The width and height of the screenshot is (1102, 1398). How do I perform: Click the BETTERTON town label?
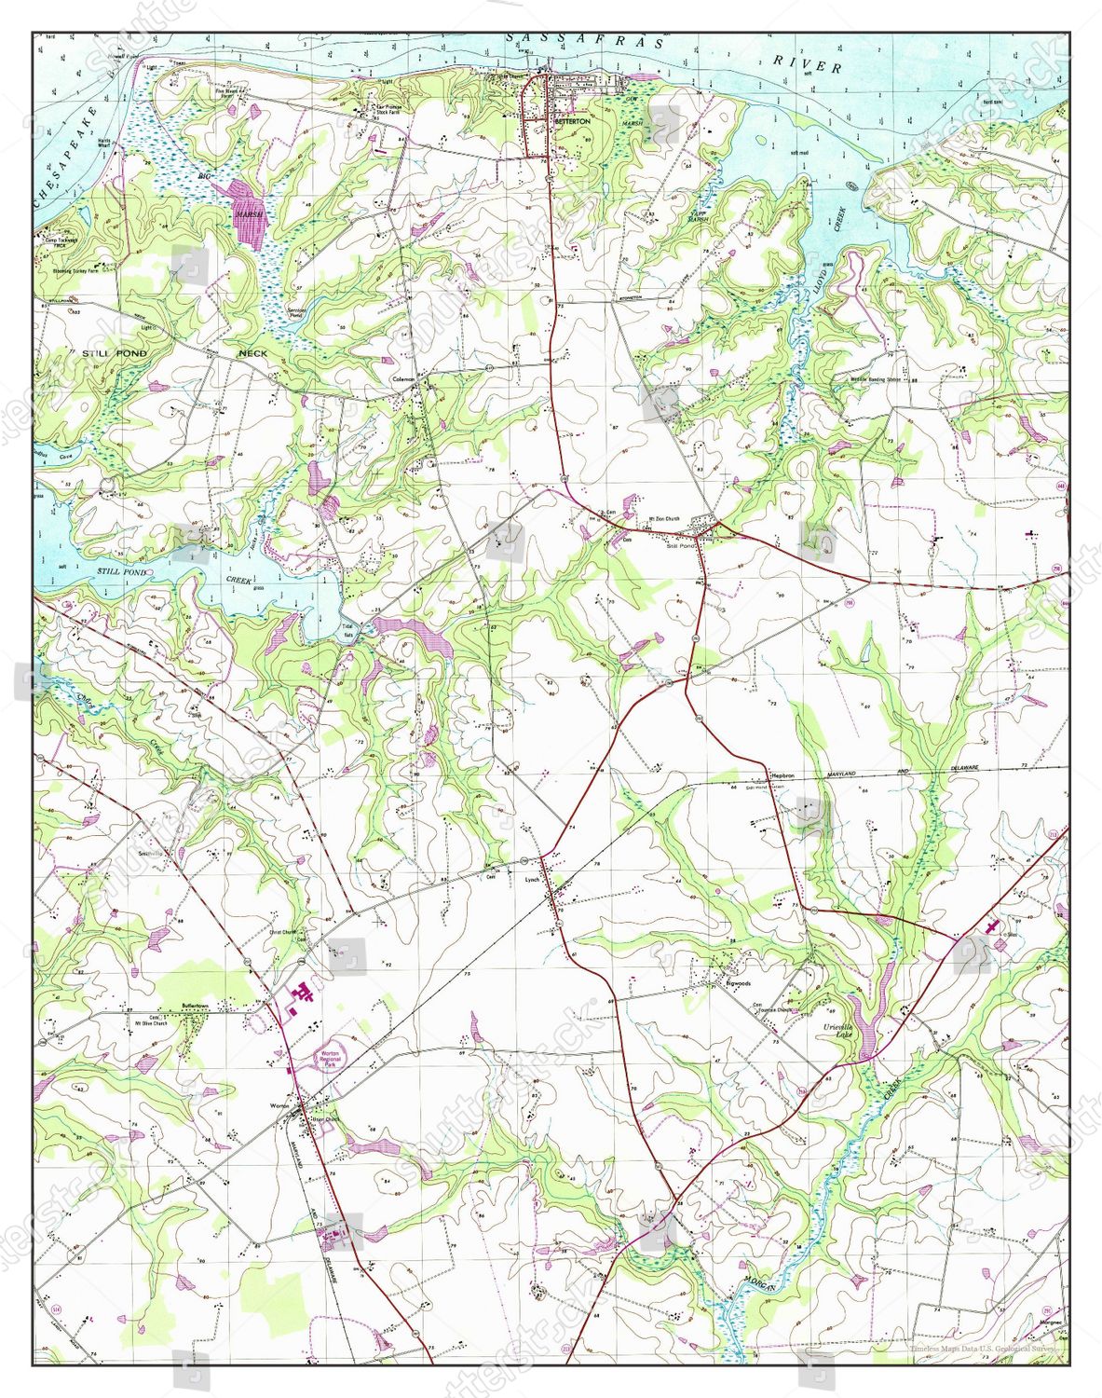point(572,122)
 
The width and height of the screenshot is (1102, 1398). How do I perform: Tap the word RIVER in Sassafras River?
point(808,62)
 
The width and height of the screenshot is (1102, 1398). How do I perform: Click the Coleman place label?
point(403,379)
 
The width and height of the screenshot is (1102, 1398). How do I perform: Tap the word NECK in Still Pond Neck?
point(252,353)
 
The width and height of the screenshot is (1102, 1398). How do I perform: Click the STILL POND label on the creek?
point(123,571)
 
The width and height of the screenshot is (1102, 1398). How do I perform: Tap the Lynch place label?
point(532,879)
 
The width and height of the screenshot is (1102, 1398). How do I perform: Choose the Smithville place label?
point(150,853)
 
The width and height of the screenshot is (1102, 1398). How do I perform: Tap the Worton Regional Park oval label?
point(333,1054)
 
